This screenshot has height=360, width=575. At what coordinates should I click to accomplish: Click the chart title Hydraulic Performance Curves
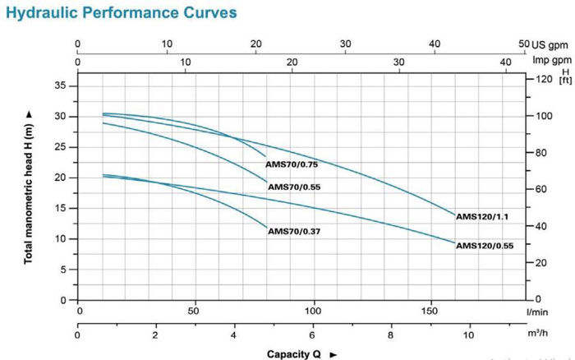point(120,14)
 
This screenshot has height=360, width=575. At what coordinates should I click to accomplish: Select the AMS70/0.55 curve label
point(295,187)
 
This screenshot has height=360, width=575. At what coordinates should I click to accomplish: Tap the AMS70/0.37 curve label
point(294,232)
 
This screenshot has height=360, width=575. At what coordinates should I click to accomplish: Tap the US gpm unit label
point(550,44)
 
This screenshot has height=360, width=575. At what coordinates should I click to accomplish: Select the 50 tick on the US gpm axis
point(524,44)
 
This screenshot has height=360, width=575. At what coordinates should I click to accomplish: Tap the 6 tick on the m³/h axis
point(312,335)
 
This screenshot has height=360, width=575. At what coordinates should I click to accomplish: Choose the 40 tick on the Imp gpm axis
point(506,61)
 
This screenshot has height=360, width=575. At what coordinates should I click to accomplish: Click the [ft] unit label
point(564,80)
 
